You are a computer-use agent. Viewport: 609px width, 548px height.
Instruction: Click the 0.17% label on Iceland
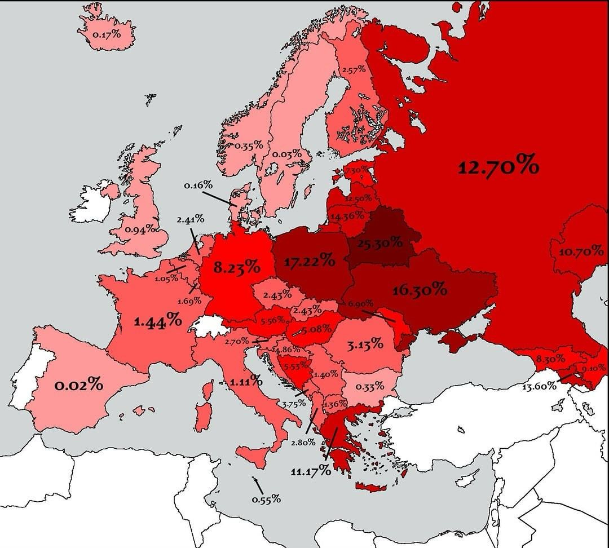pos(107,34)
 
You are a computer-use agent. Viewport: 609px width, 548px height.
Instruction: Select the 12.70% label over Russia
pos(498,167)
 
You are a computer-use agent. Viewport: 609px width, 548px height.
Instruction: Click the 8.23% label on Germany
pos(237,267)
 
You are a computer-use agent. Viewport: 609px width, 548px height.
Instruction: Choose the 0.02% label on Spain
pos(79,386)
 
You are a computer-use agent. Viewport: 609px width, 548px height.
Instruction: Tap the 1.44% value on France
pos(158,322)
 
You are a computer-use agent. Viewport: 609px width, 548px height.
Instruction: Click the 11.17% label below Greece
pos(311,471)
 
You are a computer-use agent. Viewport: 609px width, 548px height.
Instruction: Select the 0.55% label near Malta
pos(266,500)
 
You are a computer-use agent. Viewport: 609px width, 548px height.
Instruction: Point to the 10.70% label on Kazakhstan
pos(581,252)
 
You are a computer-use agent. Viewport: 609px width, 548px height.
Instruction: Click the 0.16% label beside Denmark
pos(198,185)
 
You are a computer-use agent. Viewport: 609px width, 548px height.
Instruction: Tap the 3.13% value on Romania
pos(365,344)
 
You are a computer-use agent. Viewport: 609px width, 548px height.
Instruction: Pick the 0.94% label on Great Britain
pos(139,229)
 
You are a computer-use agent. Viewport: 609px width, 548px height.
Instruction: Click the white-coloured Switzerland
pos(207,325)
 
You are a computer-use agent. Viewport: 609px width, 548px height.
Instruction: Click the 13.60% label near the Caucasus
pos(539,386)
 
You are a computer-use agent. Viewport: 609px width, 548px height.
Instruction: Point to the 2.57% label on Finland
pos(354,70)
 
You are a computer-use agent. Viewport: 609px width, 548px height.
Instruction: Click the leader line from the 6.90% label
pos(377,315)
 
